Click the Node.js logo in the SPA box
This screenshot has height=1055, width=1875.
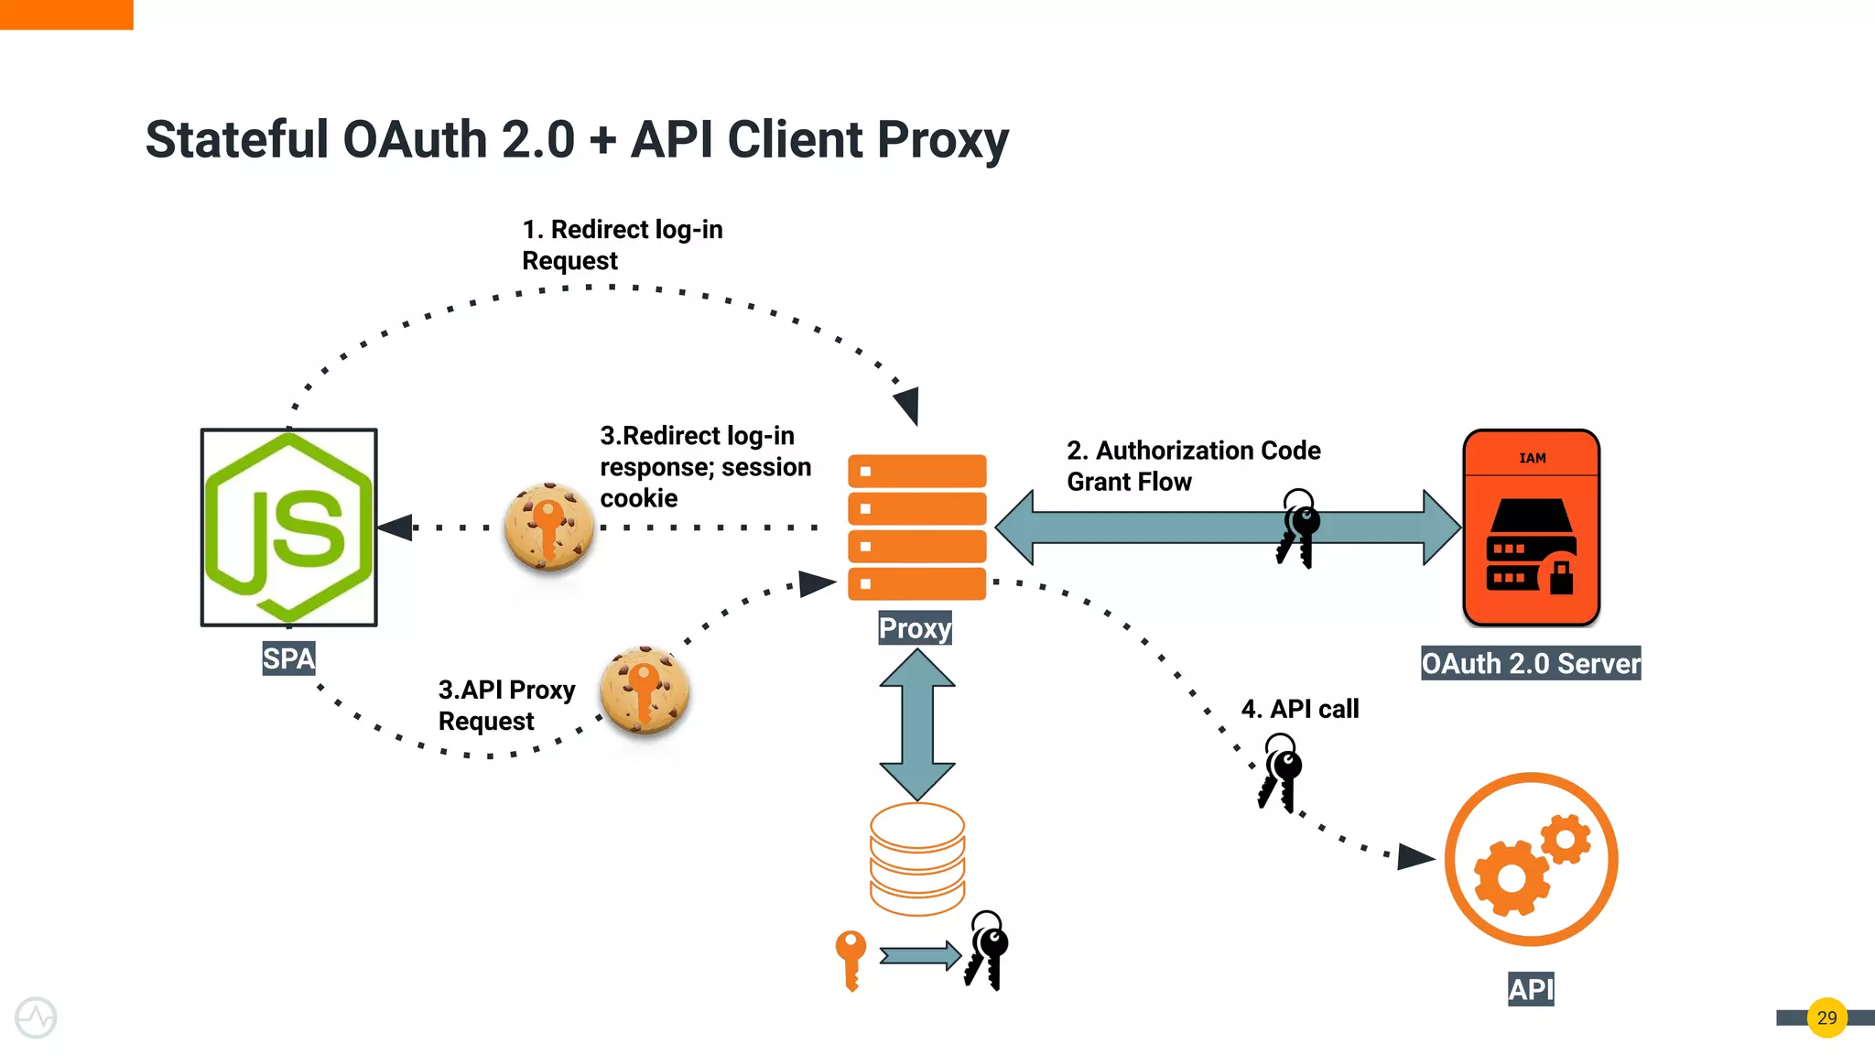(288, 527)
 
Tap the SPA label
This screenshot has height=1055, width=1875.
(288, 658)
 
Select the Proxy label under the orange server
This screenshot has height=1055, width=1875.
(915, 628)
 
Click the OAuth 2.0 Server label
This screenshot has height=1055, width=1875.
(1530, 663)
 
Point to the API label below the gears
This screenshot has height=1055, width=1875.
(1531, 989)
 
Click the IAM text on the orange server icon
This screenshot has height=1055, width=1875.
(1532, 458)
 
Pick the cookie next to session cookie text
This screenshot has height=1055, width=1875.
(548, 527)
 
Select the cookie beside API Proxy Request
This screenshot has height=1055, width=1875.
(645, 691)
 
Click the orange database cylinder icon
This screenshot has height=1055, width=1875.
(916, 859)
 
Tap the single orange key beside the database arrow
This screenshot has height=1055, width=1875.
(851, 958)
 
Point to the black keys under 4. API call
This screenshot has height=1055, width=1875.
(1280, 772)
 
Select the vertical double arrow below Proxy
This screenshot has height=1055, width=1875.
(916, 723)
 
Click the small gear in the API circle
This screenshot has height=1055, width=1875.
(1565, 839)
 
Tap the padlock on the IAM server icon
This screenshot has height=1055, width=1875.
(1561, 577)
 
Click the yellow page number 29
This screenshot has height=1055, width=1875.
(1826, 1017)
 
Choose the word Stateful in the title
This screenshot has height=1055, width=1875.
(236, 140)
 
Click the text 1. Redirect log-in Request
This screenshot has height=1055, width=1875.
(621, 245)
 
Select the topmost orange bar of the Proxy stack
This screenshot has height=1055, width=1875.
(916, 471)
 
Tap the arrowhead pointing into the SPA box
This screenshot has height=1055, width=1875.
(396, 527)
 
